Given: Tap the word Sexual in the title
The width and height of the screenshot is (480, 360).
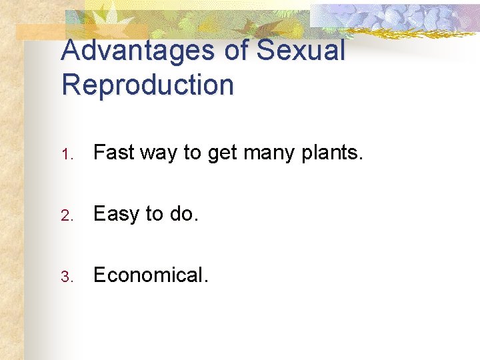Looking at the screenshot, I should pyautogui.click(x=301, y=51).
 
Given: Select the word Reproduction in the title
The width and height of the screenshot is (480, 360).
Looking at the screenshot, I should pyautogui.click(x=147, y=85).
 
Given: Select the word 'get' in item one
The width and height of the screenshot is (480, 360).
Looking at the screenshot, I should pyautogui.click(x=223, y=154).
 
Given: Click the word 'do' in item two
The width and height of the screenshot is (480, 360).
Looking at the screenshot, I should pyautogui.click(x=182, y=214).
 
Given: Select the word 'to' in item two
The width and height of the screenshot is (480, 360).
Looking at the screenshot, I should pyautogui.click(x=154, y=214).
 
